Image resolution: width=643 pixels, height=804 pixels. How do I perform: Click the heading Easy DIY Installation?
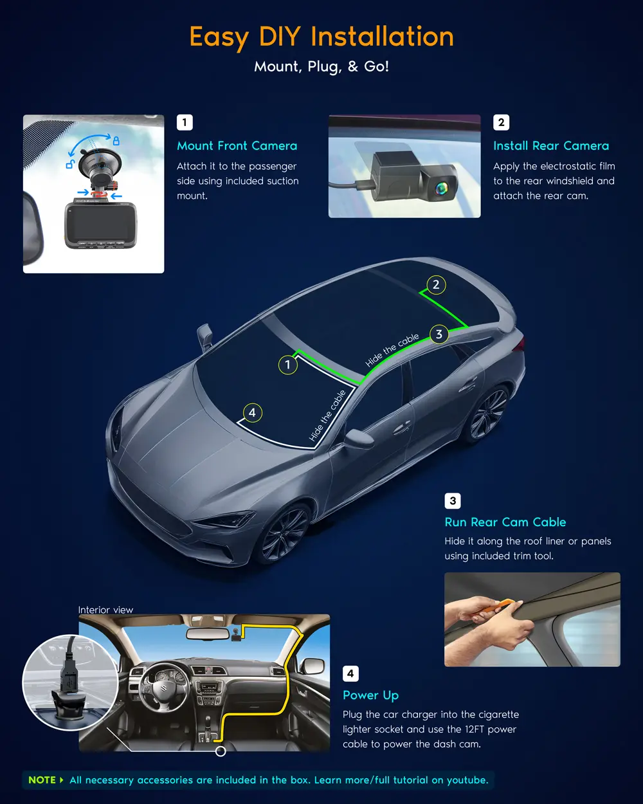(x=321, y=37)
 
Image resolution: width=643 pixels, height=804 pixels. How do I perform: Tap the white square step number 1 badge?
(x=185, y=122)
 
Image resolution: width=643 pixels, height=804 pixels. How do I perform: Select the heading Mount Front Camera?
(x=237, y=146)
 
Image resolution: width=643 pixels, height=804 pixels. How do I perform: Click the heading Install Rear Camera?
(x=551, y=146)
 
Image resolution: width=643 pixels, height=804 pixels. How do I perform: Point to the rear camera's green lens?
(x=441, y=188)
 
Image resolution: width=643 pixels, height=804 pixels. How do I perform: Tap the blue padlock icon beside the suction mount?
(x=116, y=141)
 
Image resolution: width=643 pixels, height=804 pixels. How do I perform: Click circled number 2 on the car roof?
(x=436, y=285)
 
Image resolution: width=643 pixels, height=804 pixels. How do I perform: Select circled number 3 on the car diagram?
(x=439, y=334)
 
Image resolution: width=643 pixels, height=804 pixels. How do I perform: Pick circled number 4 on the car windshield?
(x=253, y=413)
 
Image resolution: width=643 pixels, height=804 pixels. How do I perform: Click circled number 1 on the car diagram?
(x=287, y=364)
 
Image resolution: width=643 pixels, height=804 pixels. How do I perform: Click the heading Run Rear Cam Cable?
(x=505, y=522)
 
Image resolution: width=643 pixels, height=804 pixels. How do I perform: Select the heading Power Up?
(x=370, y=695)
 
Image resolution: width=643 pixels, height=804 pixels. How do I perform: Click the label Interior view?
(x=105, y=610)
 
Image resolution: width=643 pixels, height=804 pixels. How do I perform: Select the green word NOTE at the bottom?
(x=42, y=780)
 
